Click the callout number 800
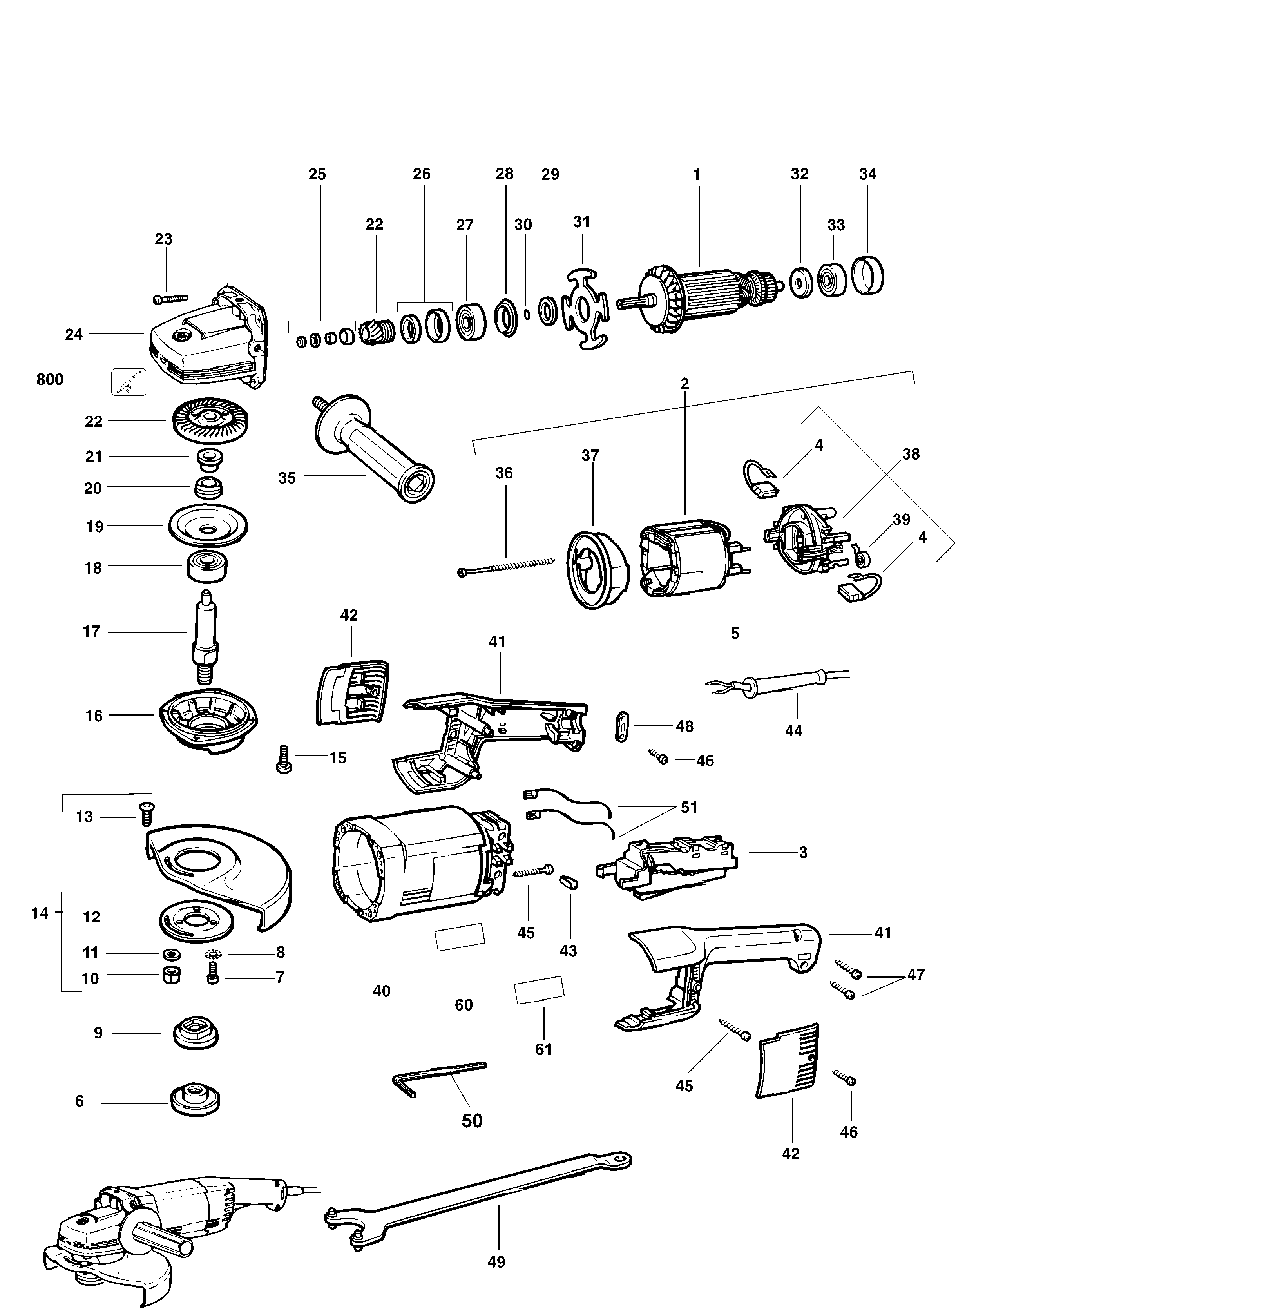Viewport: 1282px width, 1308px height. coord(50,380)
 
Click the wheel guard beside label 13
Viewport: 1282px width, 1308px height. coord(222,876)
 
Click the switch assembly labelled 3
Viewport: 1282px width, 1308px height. coord(666,866)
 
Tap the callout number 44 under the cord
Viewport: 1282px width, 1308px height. coord(794,731)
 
